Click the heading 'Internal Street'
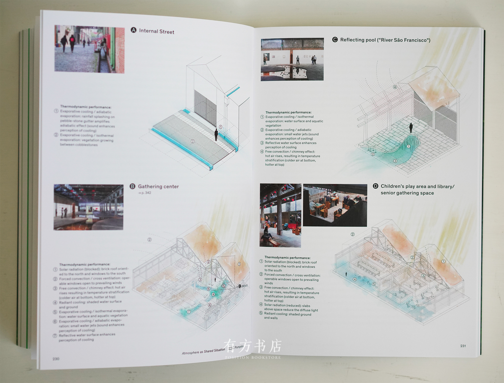click(156, 31)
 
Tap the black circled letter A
click(133, 30)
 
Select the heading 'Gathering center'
click(158, 186)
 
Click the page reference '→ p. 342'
click(144, 193)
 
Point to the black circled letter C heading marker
click(335, 40)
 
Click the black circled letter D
click(375, 186)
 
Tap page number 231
click(463, 346)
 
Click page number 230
click(56, 359)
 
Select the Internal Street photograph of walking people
click(89, 49)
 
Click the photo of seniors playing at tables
click(335, 205)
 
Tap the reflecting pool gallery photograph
click(292, 60)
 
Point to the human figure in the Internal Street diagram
click(216, 135)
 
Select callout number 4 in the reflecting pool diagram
click(395, 87)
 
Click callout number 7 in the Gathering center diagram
click(189, 312)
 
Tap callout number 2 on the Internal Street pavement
click(193, 141)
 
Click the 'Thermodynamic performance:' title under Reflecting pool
click(288, 112)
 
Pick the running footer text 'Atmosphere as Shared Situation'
click(203, 351)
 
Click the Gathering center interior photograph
click(88, 207)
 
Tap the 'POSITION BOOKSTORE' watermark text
click(253, 357)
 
